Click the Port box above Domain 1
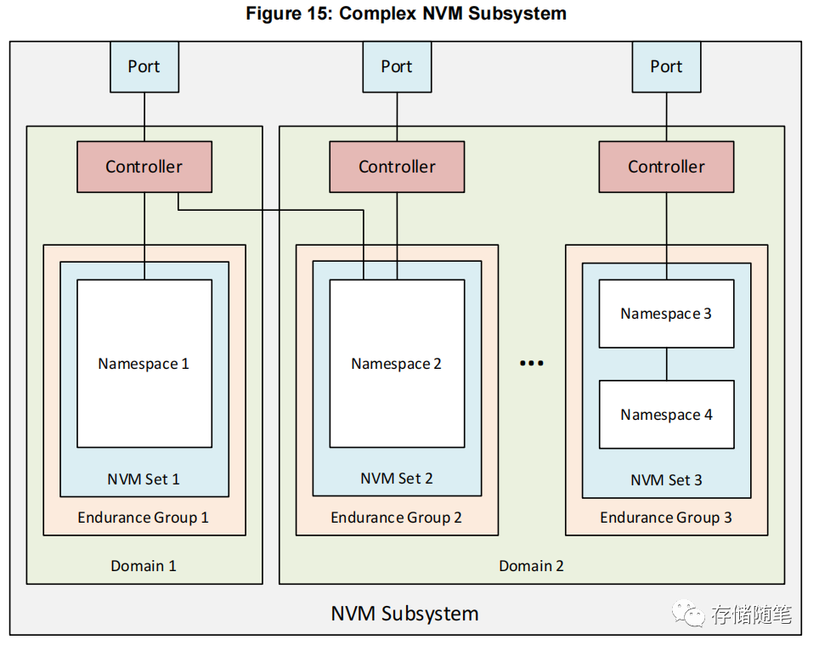coord(144,66)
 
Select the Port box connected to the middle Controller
coord(397,66)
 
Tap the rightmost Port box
coord(666,66)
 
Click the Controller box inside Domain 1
coord(144,167)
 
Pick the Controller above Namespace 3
coord(666,167)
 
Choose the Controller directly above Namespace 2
coord(397,167)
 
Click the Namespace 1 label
coord(144,364)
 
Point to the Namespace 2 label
coord(397,364)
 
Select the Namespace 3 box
coord(666,314)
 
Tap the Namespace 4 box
coord(666,415)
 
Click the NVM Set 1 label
coord(144,479)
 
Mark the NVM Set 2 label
coord(397,478)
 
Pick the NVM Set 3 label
coord(666,480)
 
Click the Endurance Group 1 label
coord(144,517)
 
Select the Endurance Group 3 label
coord(666,517)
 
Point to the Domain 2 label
coord(531,565)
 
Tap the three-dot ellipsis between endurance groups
coord(531,364)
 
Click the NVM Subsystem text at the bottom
coord(404,614)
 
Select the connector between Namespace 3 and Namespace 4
coord(666,364)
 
